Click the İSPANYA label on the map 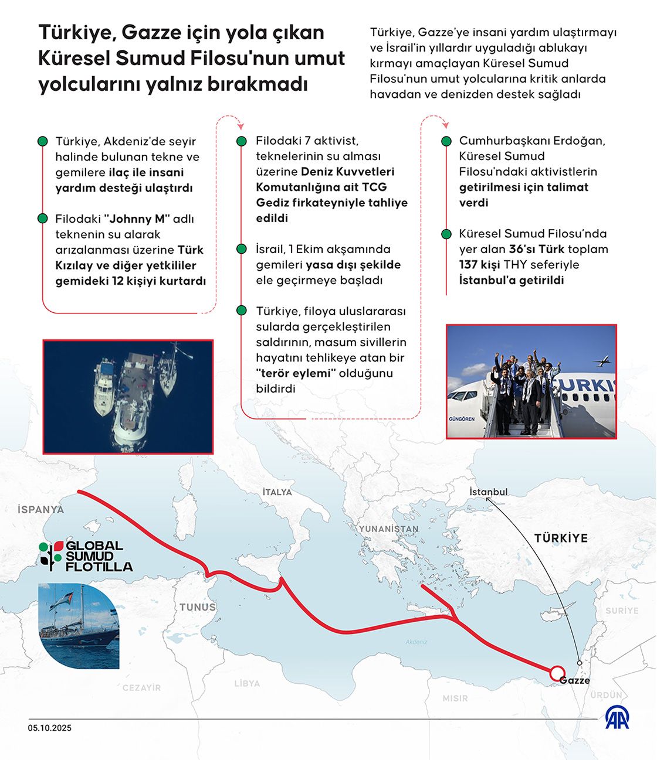click(x=40, y=509)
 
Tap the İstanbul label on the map click(x=488, y=492)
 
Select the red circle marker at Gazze click(x=557, y=673)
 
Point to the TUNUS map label click(x=198, y=607)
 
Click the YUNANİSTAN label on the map click(x=389, y=529)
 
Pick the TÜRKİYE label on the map click(x=560, y=538)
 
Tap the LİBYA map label click(x=247, y=683)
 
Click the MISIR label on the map click(x=455, y=698)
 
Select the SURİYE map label click(x=622, y=611)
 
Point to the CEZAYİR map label click(x=141, y=687)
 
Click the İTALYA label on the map click(x=277, y=492)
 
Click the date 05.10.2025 click(x=49, y=728)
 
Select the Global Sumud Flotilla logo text click(x=99, y=556)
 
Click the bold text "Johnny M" click(x=137, y=219)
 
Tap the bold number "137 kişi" click(x=479, y=265)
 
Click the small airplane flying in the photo click(x=603, y=362)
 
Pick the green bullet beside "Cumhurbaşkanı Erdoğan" click(x=446, y=141)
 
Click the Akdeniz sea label click(x=416, y=642)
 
